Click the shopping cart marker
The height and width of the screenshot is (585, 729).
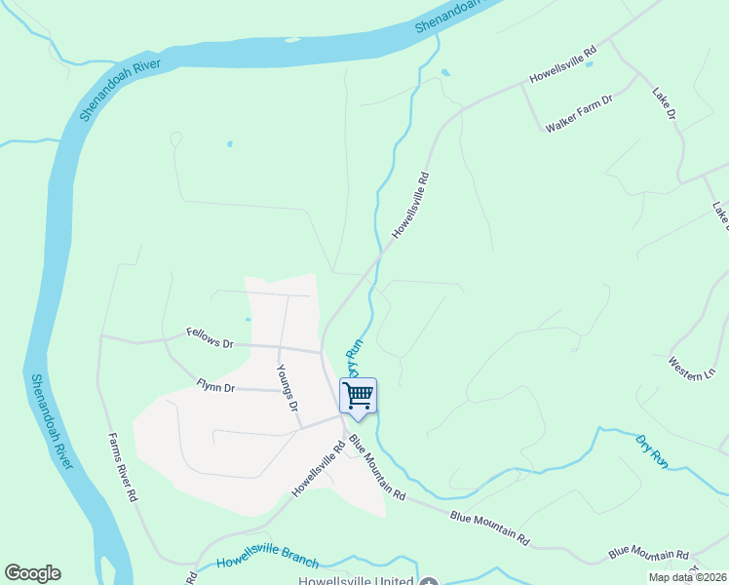(x=358, y=396)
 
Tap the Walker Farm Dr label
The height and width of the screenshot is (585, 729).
(x=579, y=113)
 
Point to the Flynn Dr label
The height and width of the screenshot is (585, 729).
(x=215, y=388)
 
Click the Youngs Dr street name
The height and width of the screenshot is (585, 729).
(x=286, y=388)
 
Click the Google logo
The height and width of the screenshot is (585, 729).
(x=32, y=573)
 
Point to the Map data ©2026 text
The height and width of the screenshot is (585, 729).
(x=687, y=577)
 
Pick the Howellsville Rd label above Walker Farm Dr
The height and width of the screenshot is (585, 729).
(x=561, y=65)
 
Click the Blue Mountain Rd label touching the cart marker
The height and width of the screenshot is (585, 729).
(x=377, y=469)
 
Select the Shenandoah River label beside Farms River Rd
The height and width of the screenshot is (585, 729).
(x=51, y=420)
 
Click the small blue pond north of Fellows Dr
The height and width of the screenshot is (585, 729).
(x=249, y=319)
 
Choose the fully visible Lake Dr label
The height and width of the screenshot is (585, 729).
(x=664, y=104)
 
